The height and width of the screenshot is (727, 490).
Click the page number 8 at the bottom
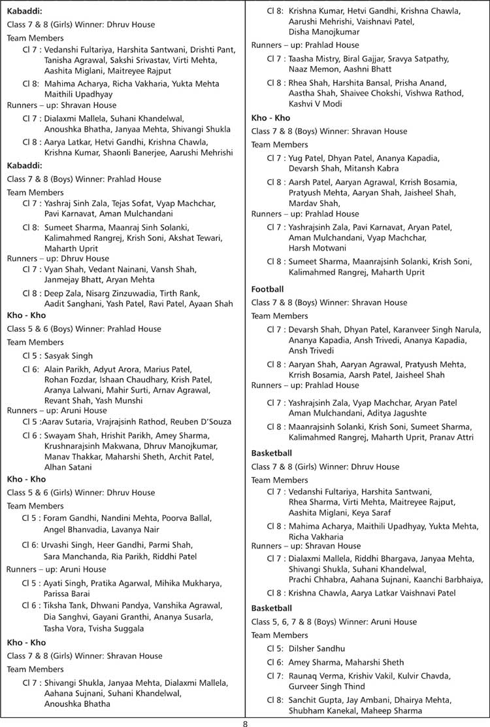pyautogui.click(x=245, y=722)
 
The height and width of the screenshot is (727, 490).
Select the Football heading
pyautogui.click(x=267, y=289)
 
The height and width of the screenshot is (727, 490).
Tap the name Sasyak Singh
pyautogui.click(x=69, y=356)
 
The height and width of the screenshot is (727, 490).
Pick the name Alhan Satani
pyautogui.click(x=69, y=467)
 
